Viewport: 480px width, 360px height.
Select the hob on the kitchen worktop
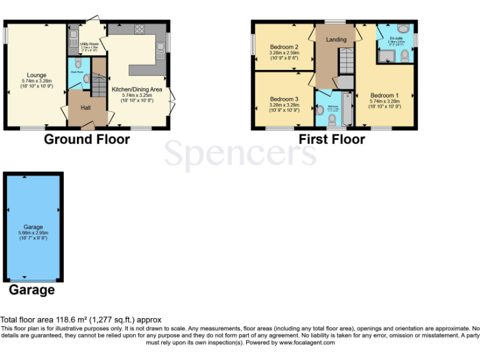pos(138,28)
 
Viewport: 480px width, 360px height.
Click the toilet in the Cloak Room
pos(78,64)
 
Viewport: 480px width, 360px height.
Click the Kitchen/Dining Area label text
pos(136,89)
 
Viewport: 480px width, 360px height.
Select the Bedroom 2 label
pos(284,47)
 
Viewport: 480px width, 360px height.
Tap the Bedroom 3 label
pos(284,99)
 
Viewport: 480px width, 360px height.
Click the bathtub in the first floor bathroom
pos(347,109)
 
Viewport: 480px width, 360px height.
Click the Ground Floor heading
pos(87,139)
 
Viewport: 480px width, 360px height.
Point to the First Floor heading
pos(331,139)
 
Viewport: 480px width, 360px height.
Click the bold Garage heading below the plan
pos(31,290)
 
